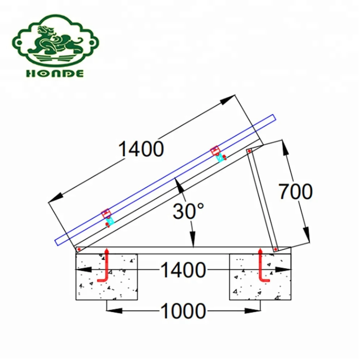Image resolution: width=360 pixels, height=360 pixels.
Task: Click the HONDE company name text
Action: pyautogui.click(x=55, y=73)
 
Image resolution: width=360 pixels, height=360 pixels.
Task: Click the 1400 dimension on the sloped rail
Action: pyautogui.click(x=141, y=149)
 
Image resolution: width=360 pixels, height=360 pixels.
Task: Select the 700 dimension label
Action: pyautogui.click(x=295, y=192)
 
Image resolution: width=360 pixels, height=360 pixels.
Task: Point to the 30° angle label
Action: pyautogui.click(x=188, y=211)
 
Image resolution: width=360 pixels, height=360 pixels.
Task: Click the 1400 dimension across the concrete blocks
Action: pyautogui.click(x=183, y=270)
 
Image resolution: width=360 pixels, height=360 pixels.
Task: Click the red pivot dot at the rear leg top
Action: pyautogui.click(x=249, y=151)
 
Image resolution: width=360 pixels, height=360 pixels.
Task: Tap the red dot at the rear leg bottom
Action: pyautogui.click(x=275, y=249)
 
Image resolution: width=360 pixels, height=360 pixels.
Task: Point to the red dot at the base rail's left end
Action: pyautogui.click(x=79, y=249)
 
